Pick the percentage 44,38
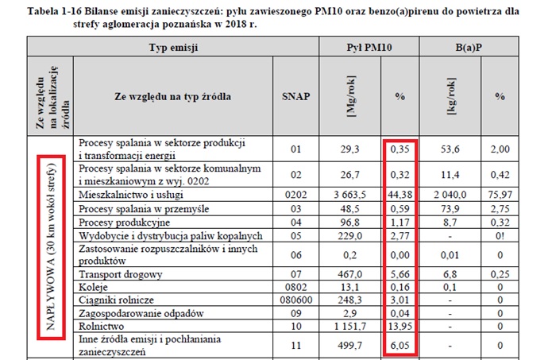point(403,195)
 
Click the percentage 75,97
point(499,195)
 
